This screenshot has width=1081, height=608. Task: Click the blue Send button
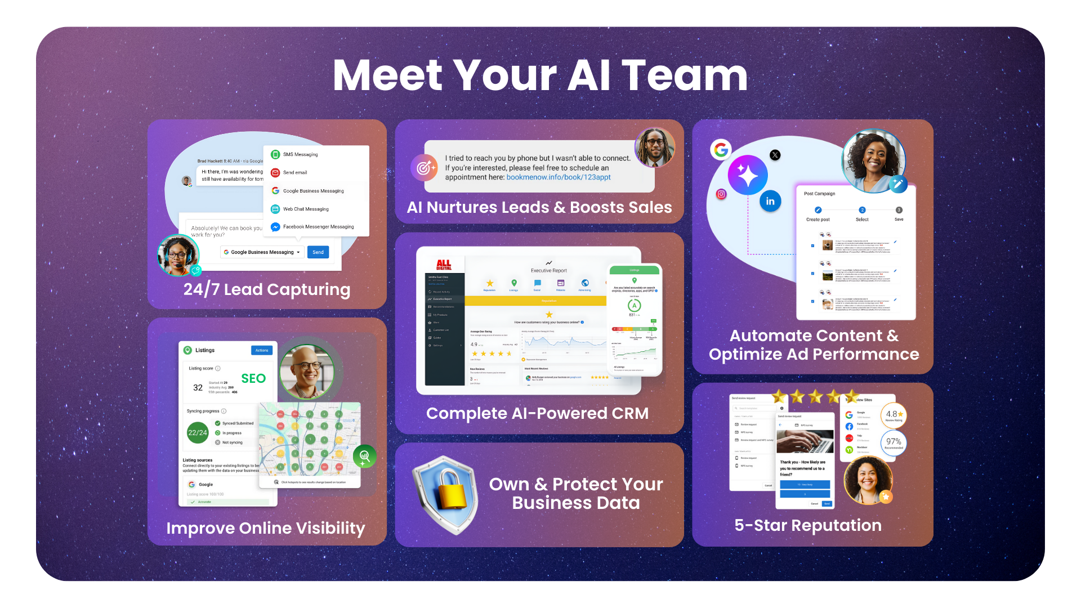(318, 252)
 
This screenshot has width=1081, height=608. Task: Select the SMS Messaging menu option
(300, 154)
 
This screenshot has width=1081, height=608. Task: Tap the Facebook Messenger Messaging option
(318, 227)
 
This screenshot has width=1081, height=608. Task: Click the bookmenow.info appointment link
(558, 177)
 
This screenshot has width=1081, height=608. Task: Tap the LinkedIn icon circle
(770, 201)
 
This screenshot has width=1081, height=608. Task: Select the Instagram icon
(721, 194)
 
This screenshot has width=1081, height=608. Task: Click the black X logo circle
(775, 155)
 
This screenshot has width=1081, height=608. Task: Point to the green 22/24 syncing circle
(198, 432)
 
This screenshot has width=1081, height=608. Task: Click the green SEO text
(253, 378)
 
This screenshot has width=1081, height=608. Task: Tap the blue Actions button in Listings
(262, 350)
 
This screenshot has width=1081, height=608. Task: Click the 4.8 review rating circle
(894, 415)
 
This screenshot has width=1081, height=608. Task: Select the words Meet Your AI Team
(540, 75)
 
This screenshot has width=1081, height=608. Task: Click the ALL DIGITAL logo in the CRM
(444, 265)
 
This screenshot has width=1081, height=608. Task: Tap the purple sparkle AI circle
(748, 175)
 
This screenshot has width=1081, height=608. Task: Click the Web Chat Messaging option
(306, 209)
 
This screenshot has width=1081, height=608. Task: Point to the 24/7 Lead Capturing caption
(267, 289)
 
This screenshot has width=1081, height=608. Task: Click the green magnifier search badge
(365, 456)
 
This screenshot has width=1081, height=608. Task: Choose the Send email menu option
(295, 172)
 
